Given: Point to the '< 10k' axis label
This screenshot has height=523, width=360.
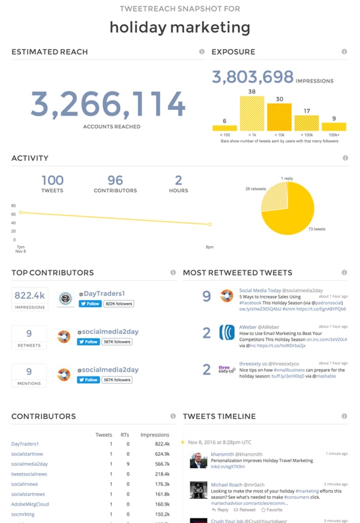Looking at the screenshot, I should [279, 135].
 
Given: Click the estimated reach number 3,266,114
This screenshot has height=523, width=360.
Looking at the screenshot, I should [108, 104].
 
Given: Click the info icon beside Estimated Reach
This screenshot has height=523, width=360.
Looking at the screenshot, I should [202, 52].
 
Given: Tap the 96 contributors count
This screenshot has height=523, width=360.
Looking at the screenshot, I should [115, 180].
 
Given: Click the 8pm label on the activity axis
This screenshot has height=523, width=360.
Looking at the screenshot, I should [209, 246].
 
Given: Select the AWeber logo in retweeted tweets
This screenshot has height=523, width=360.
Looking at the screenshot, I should [227, 333].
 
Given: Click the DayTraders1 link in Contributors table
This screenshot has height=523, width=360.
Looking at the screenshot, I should [25, 444].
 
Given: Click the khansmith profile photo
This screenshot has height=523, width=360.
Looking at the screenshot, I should [199, 461].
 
